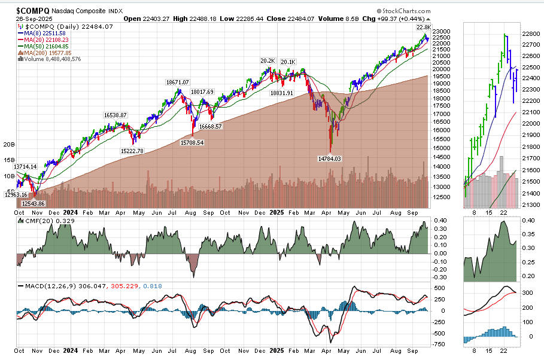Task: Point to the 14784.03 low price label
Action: (x=329, y=158)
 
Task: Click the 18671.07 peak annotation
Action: (x=174, y=82)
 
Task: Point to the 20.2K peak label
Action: (x=267, y=61)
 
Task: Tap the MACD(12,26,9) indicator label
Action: (x=42, y=287)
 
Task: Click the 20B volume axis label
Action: (x=9, y=144)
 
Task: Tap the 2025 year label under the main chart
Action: (x=276, y=212)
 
